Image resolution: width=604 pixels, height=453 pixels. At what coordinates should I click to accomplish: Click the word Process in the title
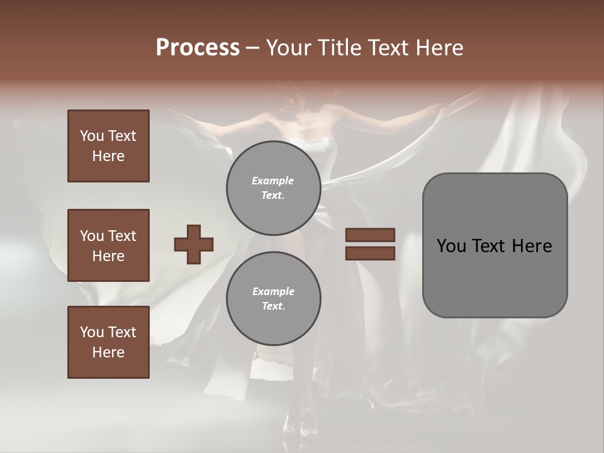point(198,48)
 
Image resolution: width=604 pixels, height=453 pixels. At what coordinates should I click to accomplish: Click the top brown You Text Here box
point(108,146)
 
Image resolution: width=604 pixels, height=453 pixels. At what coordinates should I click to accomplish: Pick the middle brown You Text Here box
point(108,245)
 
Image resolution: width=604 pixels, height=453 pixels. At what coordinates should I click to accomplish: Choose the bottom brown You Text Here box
point(108,342)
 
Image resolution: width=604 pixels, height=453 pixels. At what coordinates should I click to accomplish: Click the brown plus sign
point(194,244)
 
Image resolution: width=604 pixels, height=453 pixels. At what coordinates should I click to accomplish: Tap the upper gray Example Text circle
point(273,188)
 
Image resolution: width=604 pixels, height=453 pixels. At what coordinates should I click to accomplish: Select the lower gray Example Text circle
point(273,299)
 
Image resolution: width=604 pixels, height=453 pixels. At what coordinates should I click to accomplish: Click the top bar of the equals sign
point(370,235)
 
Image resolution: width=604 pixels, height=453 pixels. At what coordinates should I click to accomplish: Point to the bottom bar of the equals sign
point(370,253)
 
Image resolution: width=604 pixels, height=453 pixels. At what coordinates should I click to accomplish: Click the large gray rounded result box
point(495,245)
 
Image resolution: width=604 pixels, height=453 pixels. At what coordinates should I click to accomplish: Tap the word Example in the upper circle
point(273,181)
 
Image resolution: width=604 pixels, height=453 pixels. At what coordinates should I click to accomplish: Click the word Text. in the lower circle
point(273,306)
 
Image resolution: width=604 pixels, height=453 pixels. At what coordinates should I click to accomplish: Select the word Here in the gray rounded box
point(532,246)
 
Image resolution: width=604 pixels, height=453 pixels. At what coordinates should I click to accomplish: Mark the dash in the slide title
point(252,48)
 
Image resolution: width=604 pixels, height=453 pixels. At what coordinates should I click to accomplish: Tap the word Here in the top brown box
point(108,156)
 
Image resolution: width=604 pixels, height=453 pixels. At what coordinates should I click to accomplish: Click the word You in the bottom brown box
point(92,332)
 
